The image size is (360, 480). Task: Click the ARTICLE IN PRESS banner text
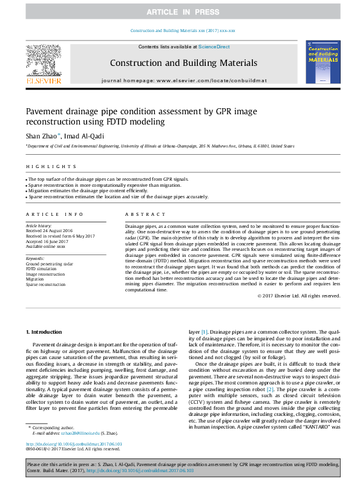(180, 12)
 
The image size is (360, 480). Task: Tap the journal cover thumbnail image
(322, 62)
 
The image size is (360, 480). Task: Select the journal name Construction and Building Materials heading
(183, 63)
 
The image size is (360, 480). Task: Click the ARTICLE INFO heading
(54, 214)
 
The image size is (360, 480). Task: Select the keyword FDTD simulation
(43, 269)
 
